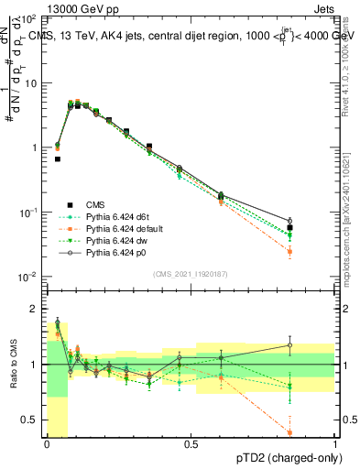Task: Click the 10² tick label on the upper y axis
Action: coord(30,19)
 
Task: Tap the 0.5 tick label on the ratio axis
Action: coord(31,420)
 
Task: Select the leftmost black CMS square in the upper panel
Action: coord(57,158)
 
